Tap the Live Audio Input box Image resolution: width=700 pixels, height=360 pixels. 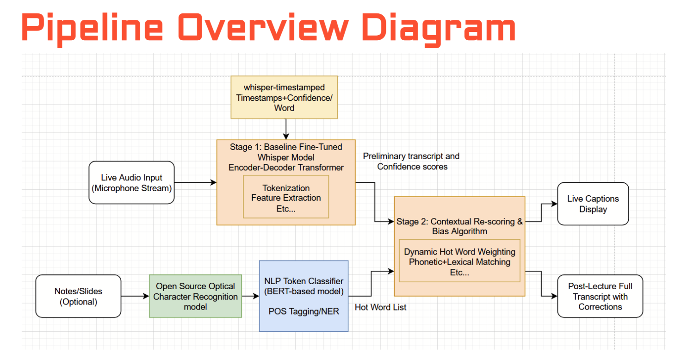pyautogui.click(x=131, y=182)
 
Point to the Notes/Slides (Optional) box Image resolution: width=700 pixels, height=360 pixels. pyautogui.click(x=78, y=296)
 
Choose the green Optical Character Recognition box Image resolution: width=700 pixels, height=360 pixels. pyautogui.click(x=195, y=296)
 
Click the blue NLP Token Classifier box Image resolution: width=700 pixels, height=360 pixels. pyautogui.click(x=304, y=296)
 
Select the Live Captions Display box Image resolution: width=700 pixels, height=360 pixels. pyautogui.click(x=593, y=204)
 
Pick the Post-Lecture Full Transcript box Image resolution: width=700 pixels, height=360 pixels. pyautogui.click(x=600, y=297)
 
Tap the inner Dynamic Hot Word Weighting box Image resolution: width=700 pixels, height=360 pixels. pyautogui.click(x=459, y=261)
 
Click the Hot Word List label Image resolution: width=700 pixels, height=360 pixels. pyautogui.click(x=381, y=307)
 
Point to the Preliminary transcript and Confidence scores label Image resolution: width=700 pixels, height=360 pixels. pyautogui.click(x=411, y=161)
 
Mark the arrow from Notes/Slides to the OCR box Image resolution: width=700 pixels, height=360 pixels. pyautogui.click(x=135, y=296)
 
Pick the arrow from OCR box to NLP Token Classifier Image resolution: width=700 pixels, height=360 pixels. pyautogui.click(x=250, y=296)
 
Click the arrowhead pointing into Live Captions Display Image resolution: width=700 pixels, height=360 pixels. pyautogui.click(x=554, y=204)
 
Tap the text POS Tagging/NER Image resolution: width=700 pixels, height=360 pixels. pyautogui.click(x=304, y=311)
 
